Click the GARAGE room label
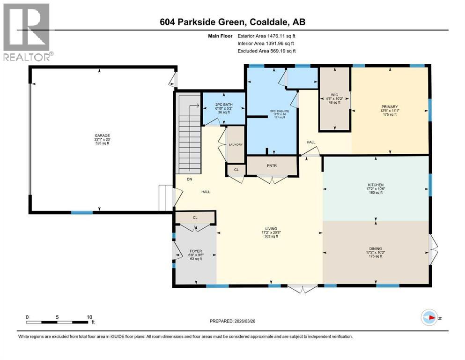(x=99, y=136)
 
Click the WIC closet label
(x=334, y=94)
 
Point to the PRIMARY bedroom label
(x=389, y=107)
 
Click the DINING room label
(x=376, y=248)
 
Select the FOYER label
(x=195, y=251)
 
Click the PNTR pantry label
(x=273, y=165)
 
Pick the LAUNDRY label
(x=236, y=145)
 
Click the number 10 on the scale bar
(x=89, y=317)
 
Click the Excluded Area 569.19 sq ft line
(x=267, y=51)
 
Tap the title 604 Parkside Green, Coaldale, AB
(x=232, y=22)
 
